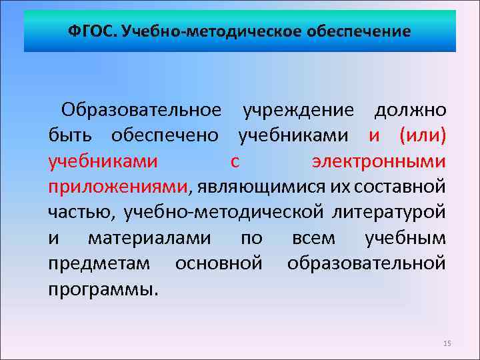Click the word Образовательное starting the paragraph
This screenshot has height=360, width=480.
(141, 109)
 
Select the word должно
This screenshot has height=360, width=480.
(410, 109)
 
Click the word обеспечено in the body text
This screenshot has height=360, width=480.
(164, 135)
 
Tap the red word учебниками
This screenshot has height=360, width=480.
(103, 161)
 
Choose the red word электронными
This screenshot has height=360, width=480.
(379, 161)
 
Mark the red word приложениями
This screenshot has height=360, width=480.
(117, 187)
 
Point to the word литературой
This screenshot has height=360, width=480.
(389, 213)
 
